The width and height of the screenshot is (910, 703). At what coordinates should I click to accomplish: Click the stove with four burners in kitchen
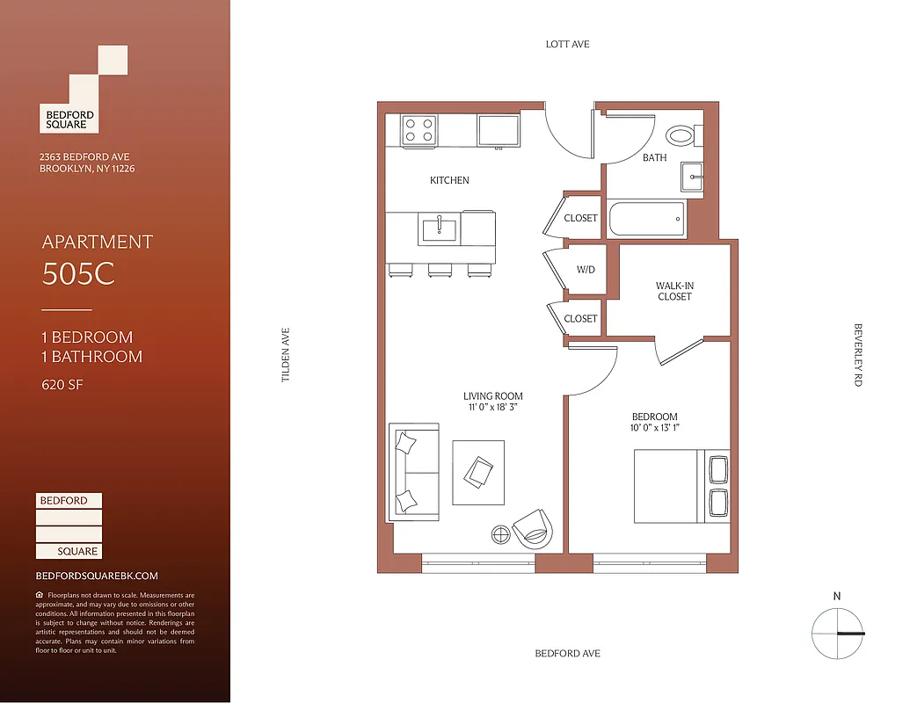(419, 130)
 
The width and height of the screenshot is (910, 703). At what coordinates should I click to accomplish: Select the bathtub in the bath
(646, 219)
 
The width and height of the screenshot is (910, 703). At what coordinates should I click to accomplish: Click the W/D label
(586, 270)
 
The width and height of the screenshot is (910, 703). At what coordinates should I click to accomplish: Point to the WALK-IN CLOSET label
(674, 292)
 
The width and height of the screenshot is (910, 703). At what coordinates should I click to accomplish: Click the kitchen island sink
(439, 230)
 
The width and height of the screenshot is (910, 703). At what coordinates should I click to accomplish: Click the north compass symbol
(837, 634)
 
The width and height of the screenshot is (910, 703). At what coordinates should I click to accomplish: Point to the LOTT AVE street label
(568, 44)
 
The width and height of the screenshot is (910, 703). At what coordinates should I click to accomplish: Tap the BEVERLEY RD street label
(858, 355)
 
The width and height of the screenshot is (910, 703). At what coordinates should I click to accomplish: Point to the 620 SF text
(64, 384)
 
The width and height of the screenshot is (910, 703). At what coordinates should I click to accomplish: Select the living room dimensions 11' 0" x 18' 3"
(492, 408)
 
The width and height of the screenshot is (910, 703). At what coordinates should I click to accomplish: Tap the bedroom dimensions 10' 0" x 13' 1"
(655, 428)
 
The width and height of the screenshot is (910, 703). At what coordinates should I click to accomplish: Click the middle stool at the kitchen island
(439, 271)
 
